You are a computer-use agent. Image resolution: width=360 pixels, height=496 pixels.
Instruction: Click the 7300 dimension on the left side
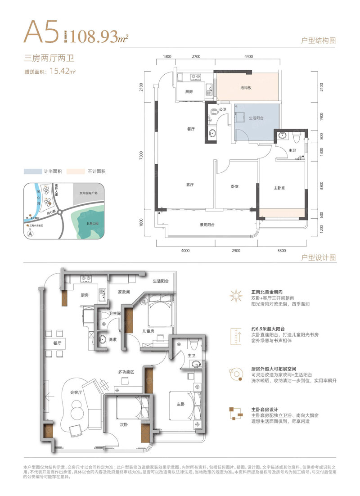[141, 155]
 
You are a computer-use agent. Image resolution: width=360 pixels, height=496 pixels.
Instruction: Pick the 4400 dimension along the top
[250, 56]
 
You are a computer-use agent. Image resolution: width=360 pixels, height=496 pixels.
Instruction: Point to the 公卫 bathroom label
[222, 109]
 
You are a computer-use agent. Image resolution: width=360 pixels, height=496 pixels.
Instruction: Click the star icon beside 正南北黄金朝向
[234, 296]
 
